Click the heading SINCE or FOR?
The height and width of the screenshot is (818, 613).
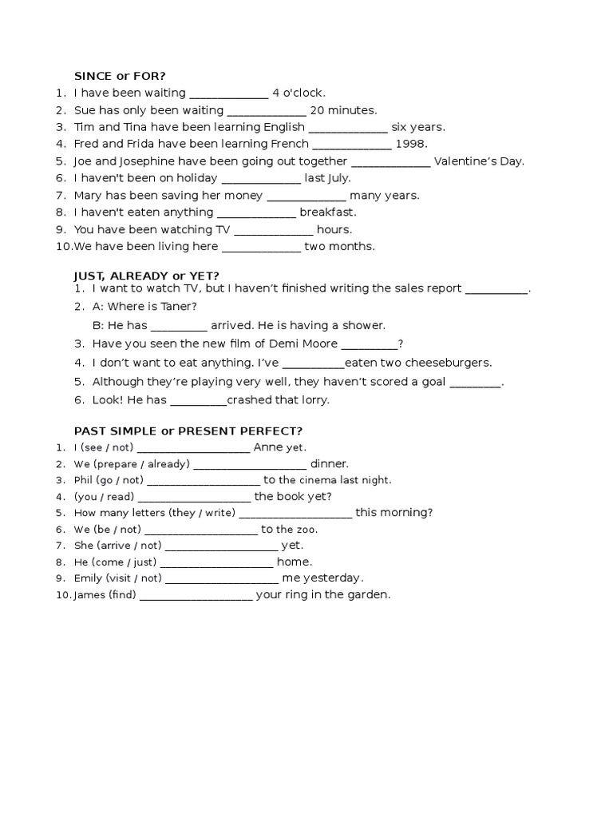click(x=120, y=76)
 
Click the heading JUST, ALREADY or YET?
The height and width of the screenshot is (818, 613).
click(x=146, y=276)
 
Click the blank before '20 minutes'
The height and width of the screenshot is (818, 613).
click(x=267, y=110)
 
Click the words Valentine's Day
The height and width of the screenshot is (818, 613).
click(x=479, y=161)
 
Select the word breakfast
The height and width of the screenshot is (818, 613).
click(x=328, y=212)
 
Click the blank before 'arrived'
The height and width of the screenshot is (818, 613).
click(x=179, y=326)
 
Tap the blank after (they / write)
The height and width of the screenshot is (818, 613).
click(x=295, y=513)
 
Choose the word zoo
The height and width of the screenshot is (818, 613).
click(x=306, y=530)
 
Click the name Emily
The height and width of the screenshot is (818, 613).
click(x=88, y=578)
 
